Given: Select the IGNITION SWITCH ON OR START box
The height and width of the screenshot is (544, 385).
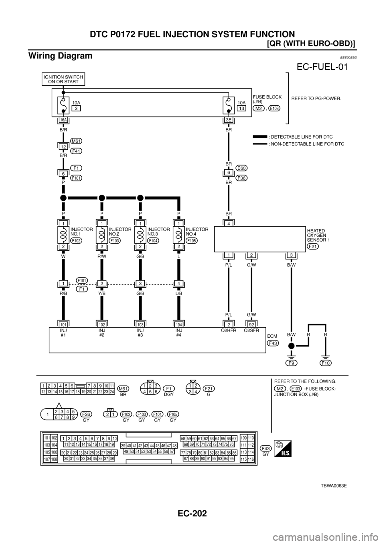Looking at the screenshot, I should [x=63, y=79].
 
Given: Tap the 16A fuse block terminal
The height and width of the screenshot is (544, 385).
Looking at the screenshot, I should [x=63, y=119].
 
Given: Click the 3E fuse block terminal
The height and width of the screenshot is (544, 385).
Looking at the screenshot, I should [x=229, y=119].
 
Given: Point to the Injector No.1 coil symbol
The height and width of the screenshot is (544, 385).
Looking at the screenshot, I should [x=63, y=234].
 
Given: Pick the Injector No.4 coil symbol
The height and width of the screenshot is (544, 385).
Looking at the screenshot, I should [x=179, y=234].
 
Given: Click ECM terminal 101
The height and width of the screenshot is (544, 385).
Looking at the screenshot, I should [x=63, y=323].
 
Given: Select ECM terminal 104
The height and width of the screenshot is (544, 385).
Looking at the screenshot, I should [x=179, y=323].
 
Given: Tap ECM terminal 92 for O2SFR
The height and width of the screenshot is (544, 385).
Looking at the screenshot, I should [x=251, y=323].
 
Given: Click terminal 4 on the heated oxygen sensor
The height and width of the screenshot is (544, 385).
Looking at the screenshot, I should [x=229, y=224].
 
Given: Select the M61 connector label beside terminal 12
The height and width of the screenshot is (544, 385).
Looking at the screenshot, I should [x=77, y=141].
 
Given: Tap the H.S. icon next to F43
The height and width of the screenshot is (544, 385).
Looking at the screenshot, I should [x=282, y=449].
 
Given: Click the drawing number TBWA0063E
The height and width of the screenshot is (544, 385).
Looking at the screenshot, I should [x=333, y=485].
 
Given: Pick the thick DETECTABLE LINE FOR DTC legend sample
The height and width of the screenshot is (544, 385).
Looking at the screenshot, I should [x=260, y=136].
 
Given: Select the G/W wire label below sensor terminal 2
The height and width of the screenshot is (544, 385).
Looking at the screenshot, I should [x=251, y=264].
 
